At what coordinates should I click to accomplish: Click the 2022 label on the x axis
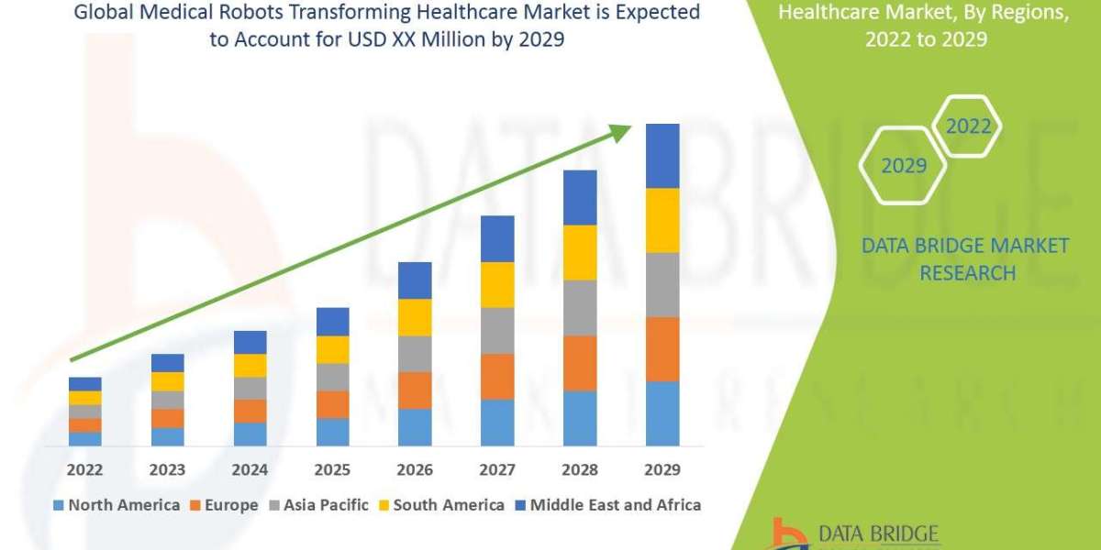click(x=84, y=470)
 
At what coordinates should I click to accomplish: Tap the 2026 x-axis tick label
click(x=415, y=470)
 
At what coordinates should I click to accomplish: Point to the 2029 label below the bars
click(x=662, y=470)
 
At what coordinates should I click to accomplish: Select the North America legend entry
click(x=117, y=505)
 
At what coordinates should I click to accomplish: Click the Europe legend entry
click(x=225, y=505)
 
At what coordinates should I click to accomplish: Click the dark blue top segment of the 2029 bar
click(x=662, y=156)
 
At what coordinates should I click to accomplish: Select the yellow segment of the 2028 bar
click(x=580, y=252)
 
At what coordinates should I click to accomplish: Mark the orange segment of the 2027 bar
click(x=497, y=376)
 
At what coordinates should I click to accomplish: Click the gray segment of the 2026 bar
click(x=415, y=353)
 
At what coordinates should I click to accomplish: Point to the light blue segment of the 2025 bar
click(x=332, y=432)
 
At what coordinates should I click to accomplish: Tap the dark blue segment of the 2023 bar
click(x=167, y=363)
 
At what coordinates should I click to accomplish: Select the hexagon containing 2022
click(x=968, y=126)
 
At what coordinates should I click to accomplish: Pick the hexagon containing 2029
click(x=903, y=166)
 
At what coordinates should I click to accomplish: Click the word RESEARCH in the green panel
click(x=967, y=272)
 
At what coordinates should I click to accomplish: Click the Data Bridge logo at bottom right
click(x=854, y=534)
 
